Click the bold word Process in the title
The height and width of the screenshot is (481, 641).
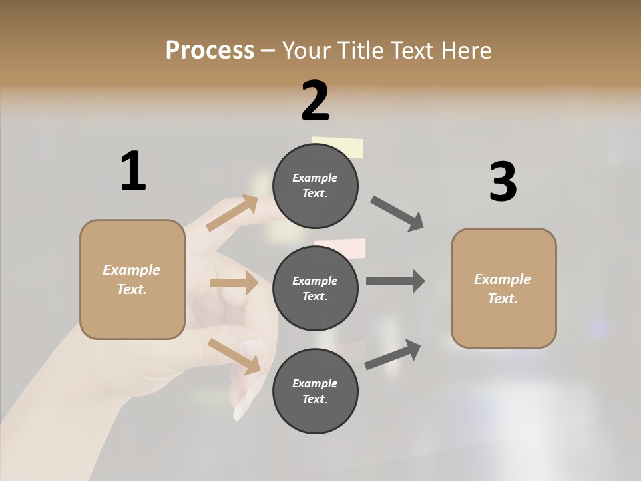click(210, 51)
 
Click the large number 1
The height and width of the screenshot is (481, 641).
click(133, 171)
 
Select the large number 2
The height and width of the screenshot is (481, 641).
click(315, 101)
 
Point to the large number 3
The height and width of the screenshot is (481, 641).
click(503, 182)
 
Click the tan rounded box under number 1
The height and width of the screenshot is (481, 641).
click(132, 279)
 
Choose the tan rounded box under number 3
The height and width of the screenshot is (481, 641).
click(503, 288)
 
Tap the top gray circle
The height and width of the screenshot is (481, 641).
click(315, 186)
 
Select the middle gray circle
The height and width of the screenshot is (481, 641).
click(315, 288)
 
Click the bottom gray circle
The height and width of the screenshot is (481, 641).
click(315, 391)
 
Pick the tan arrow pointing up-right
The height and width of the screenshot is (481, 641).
click(232, 213)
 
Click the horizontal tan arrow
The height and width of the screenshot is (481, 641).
click(234, 283)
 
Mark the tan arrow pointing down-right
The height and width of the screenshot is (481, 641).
click(234, 355)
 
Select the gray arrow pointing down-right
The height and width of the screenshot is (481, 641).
click(397, 214)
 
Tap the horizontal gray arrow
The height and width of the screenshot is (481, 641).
click(395, 281)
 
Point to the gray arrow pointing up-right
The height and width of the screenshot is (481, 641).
click(393, 355)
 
